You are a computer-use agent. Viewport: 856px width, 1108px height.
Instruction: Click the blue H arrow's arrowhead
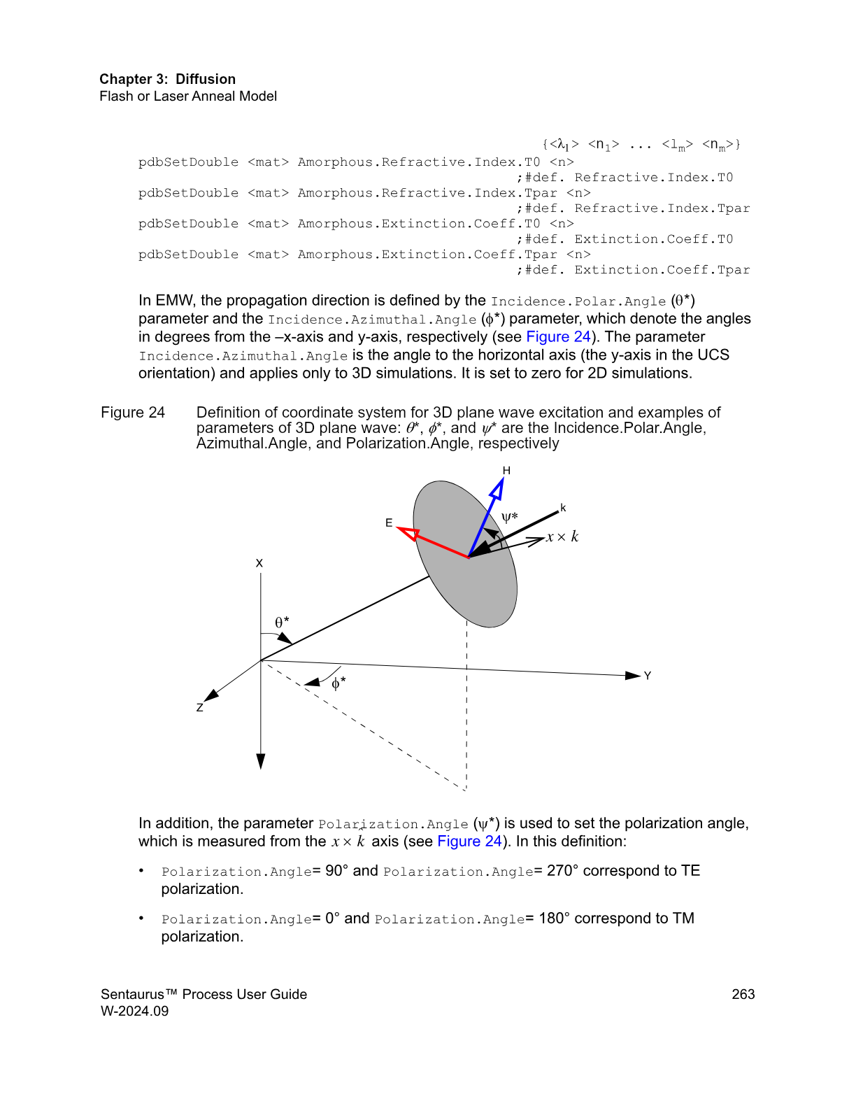click(497, 488)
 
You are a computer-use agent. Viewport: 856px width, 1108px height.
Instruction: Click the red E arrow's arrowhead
click(408, 534)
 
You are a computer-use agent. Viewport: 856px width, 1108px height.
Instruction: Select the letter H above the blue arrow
click(506, 471)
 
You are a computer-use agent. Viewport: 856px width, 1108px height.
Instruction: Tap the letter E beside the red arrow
click(389, 523)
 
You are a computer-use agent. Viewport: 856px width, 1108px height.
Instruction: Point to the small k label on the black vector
click(563, 508)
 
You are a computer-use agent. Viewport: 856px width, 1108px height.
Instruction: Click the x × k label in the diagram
click(562, 537)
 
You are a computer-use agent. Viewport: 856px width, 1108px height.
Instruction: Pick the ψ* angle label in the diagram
click(510, 518)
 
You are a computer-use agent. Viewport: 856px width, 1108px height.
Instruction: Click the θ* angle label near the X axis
click(282, 622)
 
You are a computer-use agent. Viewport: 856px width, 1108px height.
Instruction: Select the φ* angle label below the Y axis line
click(338, 683)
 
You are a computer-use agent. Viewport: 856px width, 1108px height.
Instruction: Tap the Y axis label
click(648, 676)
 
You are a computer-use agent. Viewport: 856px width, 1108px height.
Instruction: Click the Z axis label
click(200, 708)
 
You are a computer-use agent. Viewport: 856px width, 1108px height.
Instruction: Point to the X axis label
click(259, 563)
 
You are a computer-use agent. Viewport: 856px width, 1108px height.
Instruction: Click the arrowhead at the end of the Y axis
click(633, 675)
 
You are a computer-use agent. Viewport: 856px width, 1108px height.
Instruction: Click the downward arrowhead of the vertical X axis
click(261, 761)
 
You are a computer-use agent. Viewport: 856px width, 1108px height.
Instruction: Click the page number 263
click(743, 994)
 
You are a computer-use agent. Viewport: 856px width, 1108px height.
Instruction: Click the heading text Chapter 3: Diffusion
click(167, 79)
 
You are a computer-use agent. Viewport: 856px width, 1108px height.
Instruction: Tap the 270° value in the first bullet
click(562, 871)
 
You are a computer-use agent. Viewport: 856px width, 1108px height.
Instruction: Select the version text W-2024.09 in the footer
click(134, 1011)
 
